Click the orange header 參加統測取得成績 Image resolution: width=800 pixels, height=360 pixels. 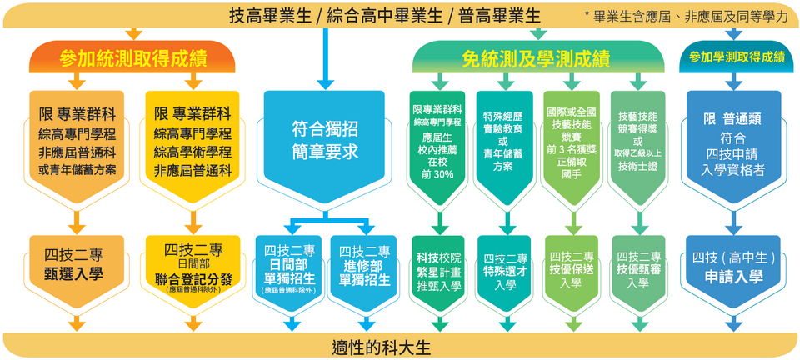[133, 57]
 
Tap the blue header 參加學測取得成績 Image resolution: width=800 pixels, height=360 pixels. [732, 57]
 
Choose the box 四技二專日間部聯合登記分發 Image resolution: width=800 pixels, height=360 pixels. [192, 265]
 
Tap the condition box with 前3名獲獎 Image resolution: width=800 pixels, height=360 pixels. [571, 141]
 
